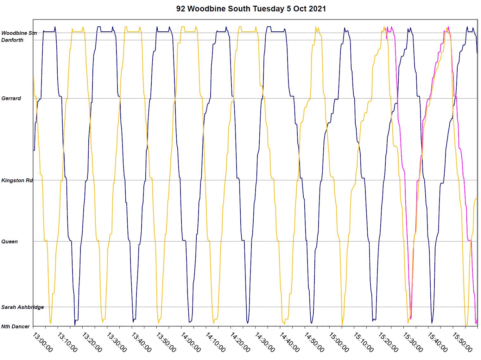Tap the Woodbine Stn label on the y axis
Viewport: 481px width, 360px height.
click(19, 33)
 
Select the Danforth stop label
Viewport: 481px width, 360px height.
click(12, 40)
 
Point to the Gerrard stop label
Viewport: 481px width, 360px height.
click(11, 99)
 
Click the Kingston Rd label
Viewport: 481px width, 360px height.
click(17, 181)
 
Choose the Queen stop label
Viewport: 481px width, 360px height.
click(9, 242)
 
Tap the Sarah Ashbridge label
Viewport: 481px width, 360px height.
click(22, 307)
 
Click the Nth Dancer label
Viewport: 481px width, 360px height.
click(16, 327)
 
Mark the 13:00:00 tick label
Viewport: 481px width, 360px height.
click(42, 342)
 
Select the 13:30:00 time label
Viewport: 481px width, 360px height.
click(117, 342)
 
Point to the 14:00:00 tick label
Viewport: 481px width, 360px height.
click(191, 342)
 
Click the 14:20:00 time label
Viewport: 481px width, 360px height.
click(240, 342)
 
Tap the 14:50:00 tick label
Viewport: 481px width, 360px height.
click(314, 342)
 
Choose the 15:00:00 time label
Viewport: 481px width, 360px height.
click(339, 342)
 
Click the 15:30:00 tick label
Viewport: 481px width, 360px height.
click(413, 342)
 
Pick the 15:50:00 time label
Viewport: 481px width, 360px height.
click(462, 342)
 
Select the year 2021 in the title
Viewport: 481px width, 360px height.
click(317, 9)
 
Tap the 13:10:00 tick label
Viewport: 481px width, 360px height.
click(67, 342)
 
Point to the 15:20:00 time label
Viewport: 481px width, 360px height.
click(388, 342)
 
